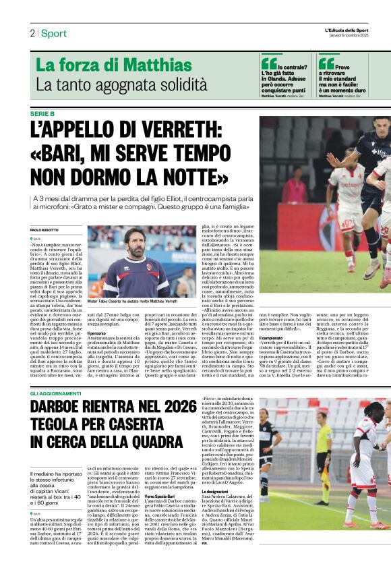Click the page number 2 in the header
[32, 33]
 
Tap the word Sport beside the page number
[53, 33]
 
